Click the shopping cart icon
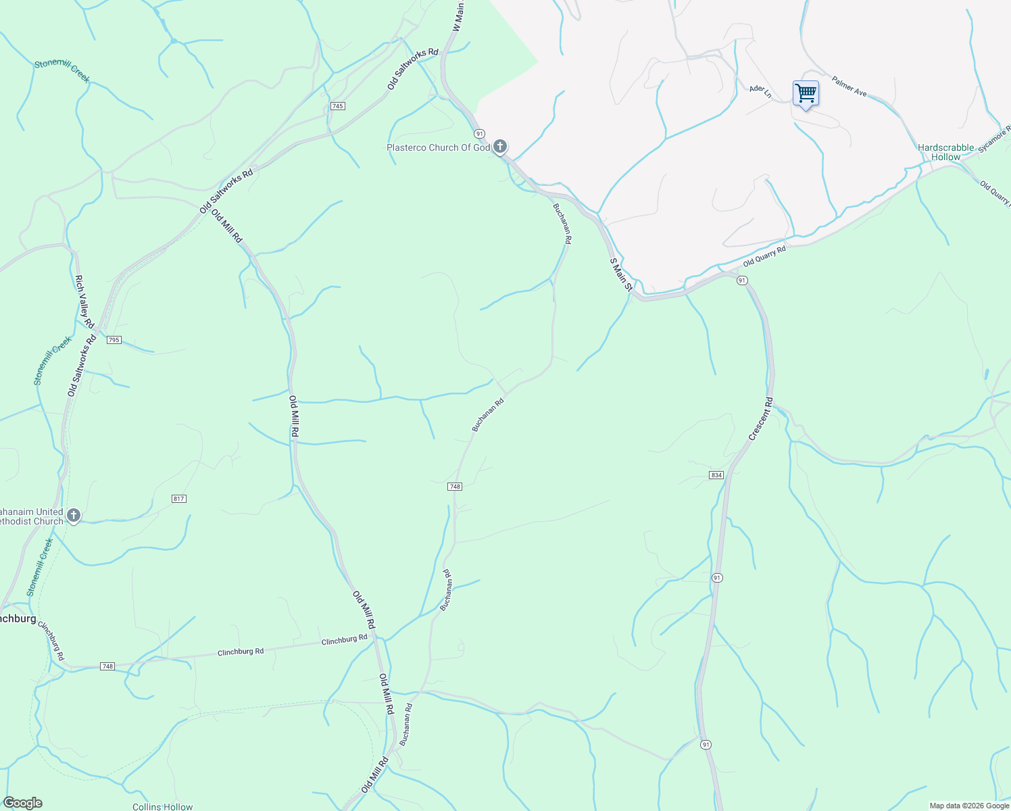[x=806, y=93]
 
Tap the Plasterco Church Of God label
[x=438, y=147]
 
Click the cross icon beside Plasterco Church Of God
[x=500, y=147]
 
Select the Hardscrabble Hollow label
[x=945, y=152]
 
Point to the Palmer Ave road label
[x=849, y=86]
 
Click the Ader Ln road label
[x=760, y=91]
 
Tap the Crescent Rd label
[x=761, y=420]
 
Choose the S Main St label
[x=620, y=274]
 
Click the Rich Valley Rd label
[x=84, y=297]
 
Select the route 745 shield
[x=338, y=106]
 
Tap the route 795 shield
[x=114, y=340]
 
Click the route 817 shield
[x=178, y=499]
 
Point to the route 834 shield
[x=717, y=475]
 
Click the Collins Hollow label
[x=162, y=806]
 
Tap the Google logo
[x=22, y=803]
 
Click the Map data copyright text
[x=968, y=806]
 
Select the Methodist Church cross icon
[x=74, y=516]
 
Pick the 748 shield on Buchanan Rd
[x=455, y=487]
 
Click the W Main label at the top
[x=459, y=17]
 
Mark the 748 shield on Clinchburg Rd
[x=107, y=666]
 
